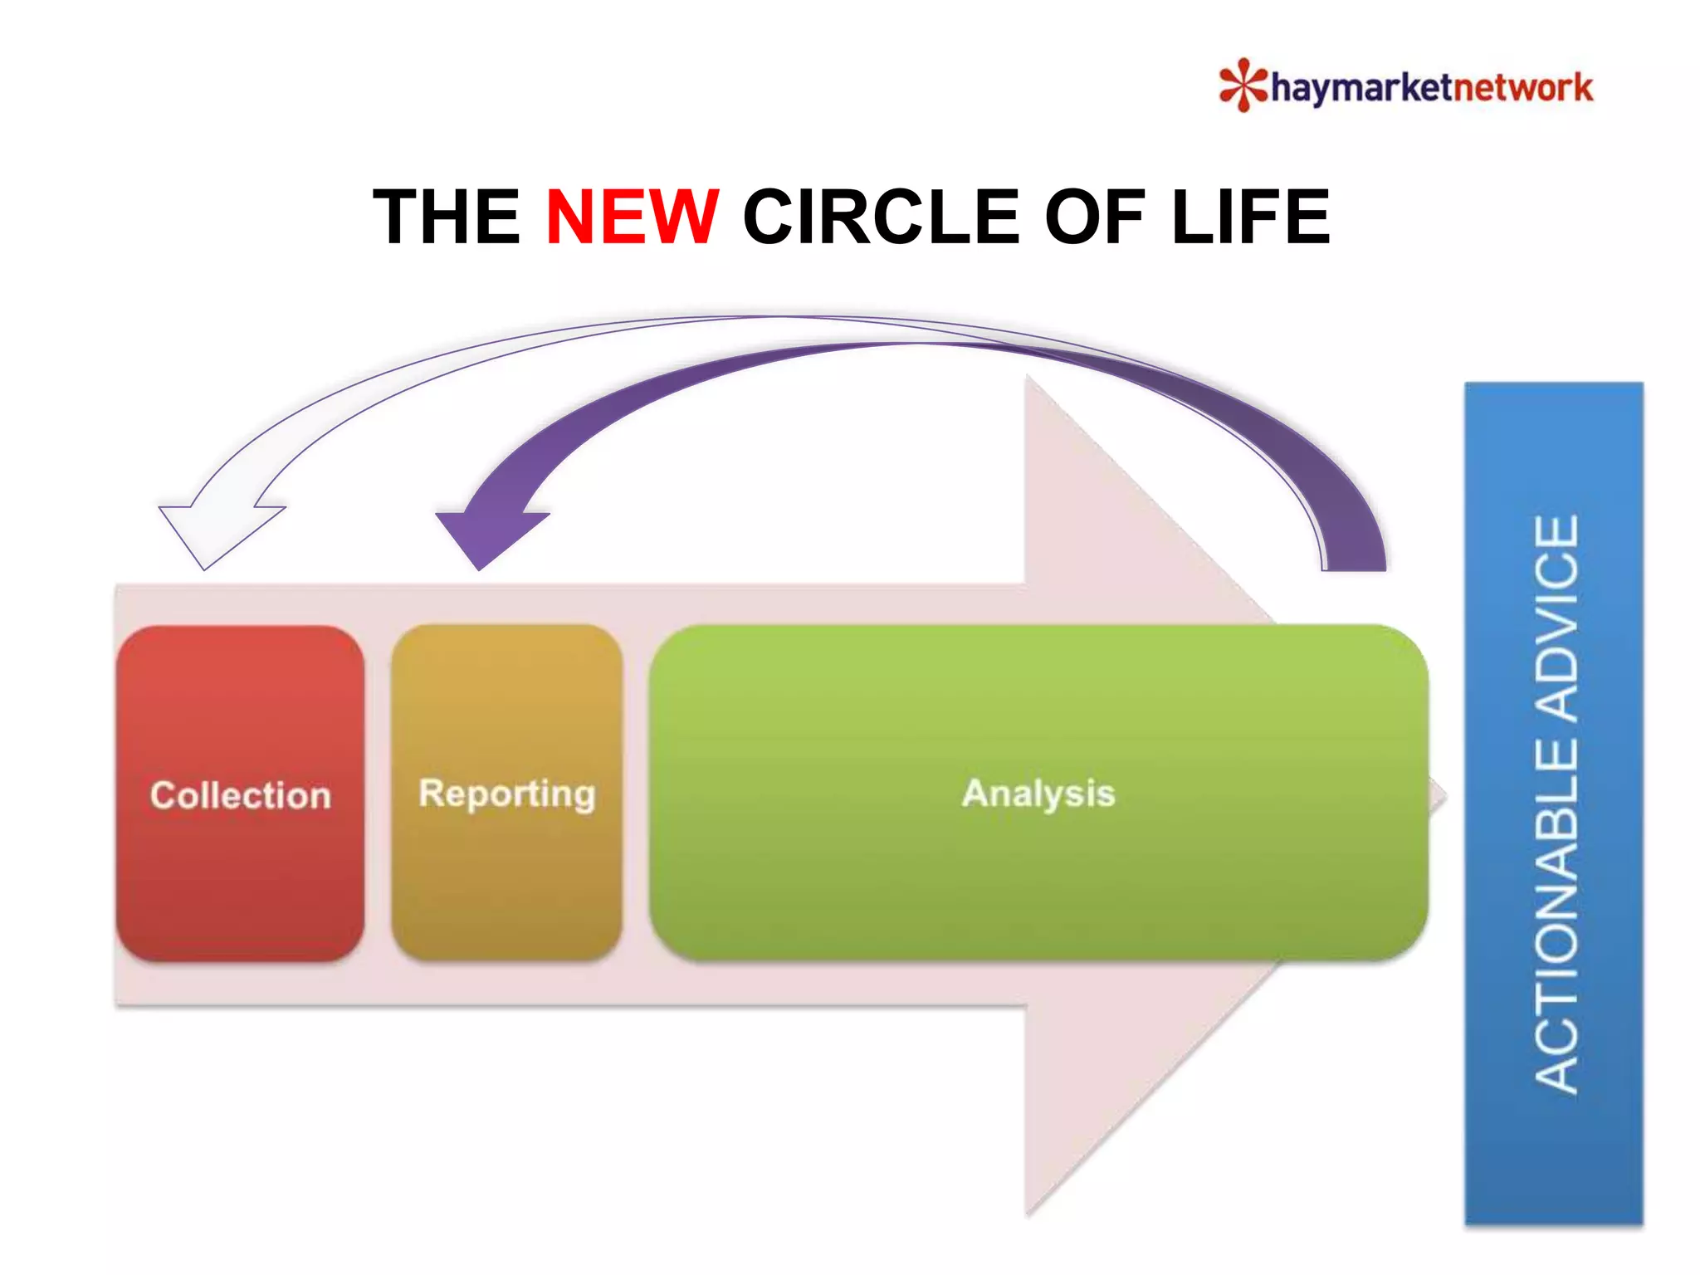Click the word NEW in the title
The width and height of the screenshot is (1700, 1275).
pos(632,217)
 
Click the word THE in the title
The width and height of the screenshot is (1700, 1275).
pos(447,217)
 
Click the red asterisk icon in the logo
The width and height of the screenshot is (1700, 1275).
pos(1243,85)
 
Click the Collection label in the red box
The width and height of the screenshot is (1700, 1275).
pos(241,795)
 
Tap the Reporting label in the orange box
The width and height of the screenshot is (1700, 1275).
pos(507,794)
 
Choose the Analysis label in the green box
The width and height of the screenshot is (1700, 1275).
pos(1038,794)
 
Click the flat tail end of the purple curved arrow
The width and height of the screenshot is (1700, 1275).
pos(1354,568)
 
